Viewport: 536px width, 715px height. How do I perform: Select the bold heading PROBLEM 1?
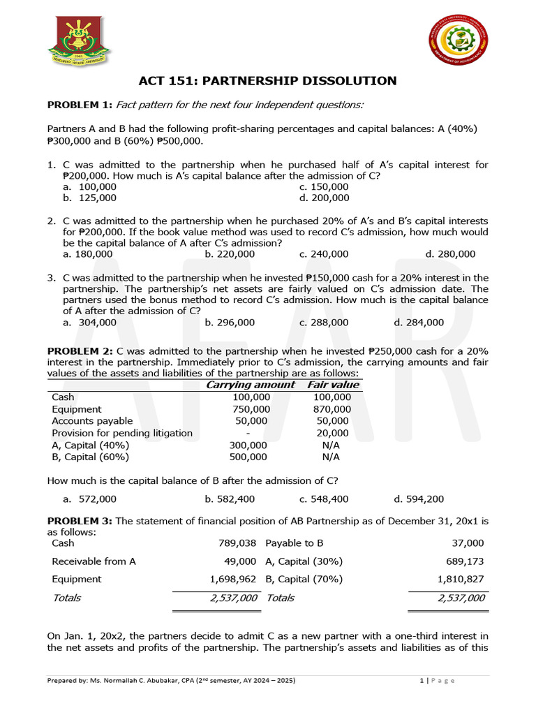(x=79, y=105)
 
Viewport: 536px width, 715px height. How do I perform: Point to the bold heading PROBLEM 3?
(x=79, y=521)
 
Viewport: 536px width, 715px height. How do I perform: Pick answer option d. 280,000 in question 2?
(x=450, y=254)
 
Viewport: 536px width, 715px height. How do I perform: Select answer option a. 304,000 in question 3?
(x=89, y=323)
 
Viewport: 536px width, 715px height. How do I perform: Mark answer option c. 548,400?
(x=324, y=499)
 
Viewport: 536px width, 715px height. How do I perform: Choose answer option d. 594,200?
(x=419, y=499)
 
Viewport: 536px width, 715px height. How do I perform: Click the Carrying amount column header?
(x=251, y=385)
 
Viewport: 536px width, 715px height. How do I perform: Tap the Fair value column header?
(x=333, y=385)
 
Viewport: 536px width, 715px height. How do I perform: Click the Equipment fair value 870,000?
(x=332, y=409)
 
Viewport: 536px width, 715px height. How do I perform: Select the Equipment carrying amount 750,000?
(x=251, y=409)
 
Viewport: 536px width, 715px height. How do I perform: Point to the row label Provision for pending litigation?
(x=122, y=433)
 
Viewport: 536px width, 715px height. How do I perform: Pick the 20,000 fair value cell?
(x=332, y=433)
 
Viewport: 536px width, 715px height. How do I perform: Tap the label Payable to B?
(x=295, y=543)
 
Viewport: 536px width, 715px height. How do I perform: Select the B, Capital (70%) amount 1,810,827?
(x=460, y=579)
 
